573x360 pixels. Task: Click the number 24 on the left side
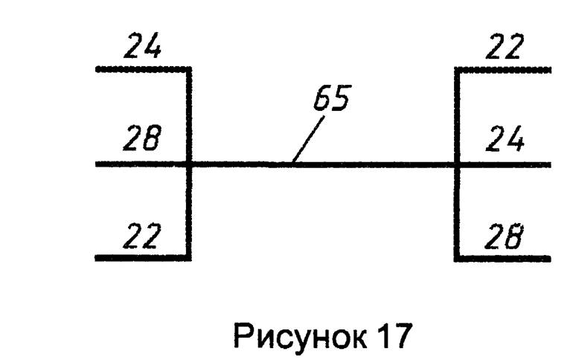coord(144,48)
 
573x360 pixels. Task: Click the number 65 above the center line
coord(331,100)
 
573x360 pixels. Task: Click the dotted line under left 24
coord(141,69)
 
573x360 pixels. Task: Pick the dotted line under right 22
coord(505,69)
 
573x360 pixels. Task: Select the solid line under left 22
coord(141,258)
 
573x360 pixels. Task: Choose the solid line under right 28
coord(505,258)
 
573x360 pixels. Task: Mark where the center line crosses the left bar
coord(190,164)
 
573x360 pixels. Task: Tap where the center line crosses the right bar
coord(457,164)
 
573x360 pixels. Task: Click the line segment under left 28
coord(141,164)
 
